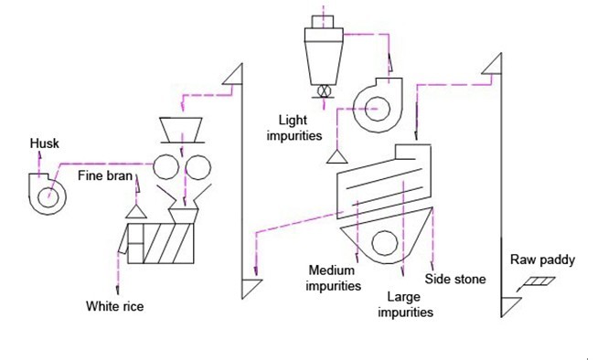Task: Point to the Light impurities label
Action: tap(294, 127)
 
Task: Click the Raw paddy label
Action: tap(543, 260)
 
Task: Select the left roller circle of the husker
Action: tap(166, 167)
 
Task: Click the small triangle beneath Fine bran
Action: tap(138, 212)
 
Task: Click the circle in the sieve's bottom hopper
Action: tap(384, 241)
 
